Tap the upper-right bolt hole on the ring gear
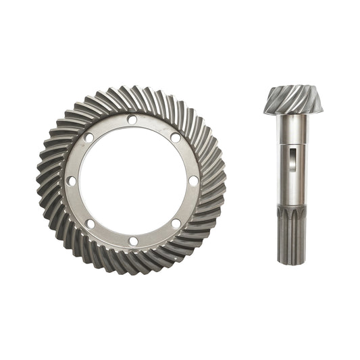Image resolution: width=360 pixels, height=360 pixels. (176, 137)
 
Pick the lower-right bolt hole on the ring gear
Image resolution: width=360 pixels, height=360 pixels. (176, 223)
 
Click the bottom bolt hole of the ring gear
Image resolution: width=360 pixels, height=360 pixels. (133, 241)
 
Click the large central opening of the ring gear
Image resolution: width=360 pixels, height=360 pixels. (132, 180)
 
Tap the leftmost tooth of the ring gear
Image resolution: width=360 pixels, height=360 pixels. (42, 181)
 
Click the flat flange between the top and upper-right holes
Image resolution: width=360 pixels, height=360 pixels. (155, 125)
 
